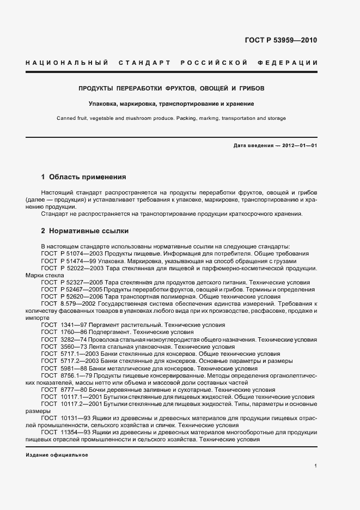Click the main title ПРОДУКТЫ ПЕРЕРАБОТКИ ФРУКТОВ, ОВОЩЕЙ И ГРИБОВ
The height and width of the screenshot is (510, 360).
(172, 88)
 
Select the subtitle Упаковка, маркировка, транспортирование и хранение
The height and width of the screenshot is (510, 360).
(172, 104)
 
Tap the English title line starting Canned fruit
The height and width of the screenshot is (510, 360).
(172, 118)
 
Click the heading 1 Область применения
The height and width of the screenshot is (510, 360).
(84, 177)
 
